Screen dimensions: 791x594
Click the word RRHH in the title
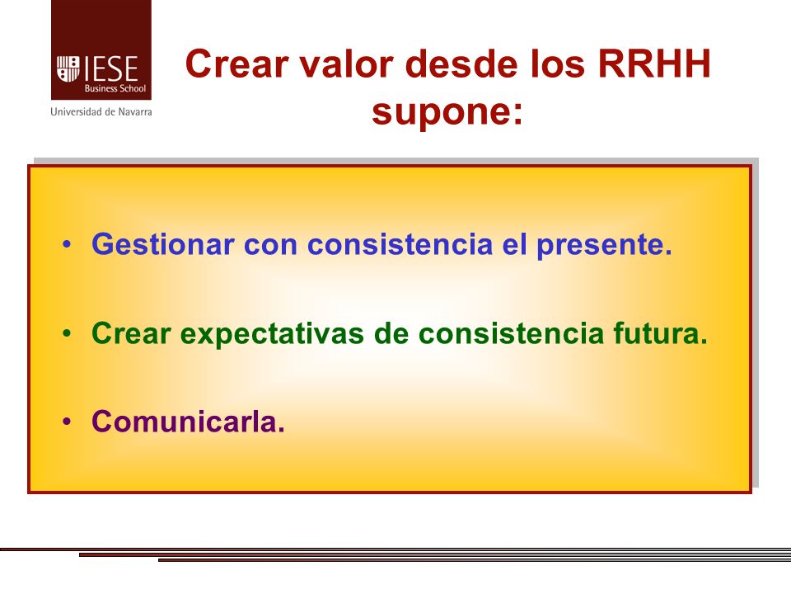[x=654, y=64]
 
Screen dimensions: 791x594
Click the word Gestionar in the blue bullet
[x=163, y=244]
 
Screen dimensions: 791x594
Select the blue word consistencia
[x=400, y=244]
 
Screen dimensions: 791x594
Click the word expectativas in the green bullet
[x=272, y=334]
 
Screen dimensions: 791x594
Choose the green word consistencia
[x=511, y=333]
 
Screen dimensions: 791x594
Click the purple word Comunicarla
[x=188, y=422]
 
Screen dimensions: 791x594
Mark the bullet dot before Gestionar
[x=67, y=245]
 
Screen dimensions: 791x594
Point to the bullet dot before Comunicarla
[x=67, y=422]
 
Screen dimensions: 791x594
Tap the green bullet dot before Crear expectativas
[x=67, y=333]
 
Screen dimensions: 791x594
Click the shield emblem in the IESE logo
[x=68, y=68]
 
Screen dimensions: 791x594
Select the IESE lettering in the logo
[x=110, y=68]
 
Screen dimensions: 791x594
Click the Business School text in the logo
[x=115, y=88]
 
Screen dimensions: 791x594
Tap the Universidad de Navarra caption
[x=101, y=111]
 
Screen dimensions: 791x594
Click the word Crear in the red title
[x=237, y=64]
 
